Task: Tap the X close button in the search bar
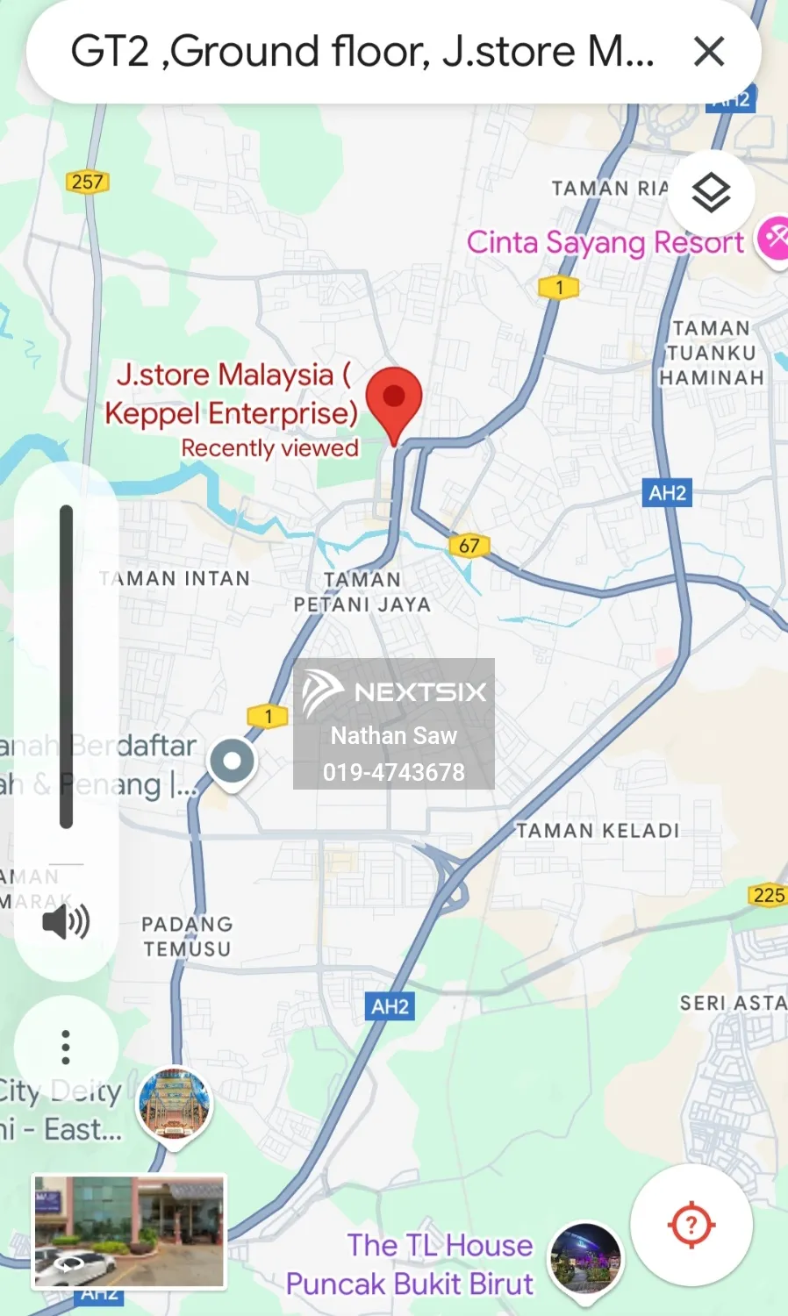click(x=709, y=52)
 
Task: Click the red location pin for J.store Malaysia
click(x=394, y=400)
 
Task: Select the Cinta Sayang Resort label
click(x=605, y=242)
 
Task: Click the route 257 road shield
click(x=87, y=182)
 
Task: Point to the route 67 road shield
click(x=469, y=545)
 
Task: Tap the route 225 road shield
click(x=769, y=895)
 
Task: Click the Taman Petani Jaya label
click(x=362, y=592)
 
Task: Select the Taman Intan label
click(x=176, y=579)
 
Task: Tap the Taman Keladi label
click(x=598, y=831)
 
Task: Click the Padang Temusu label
click(x=187, y=936)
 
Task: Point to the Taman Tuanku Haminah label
click(x=712, y=353)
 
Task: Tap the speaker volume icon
click(x=66, y=922)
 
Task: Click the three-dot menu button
click(x=66, y=1047)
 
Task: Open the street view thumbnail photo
click(x=129, y=1232)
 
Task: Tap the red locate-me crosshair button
click(x=691, y=1224)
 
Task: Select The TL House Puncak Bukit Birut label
click(x=410, y=1264)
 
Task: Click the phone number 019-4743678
click(x=394, y=772)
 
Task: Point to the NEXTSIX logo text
click(x=419, y=692)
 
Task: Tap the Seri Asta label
click(x=734, y=1003)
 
